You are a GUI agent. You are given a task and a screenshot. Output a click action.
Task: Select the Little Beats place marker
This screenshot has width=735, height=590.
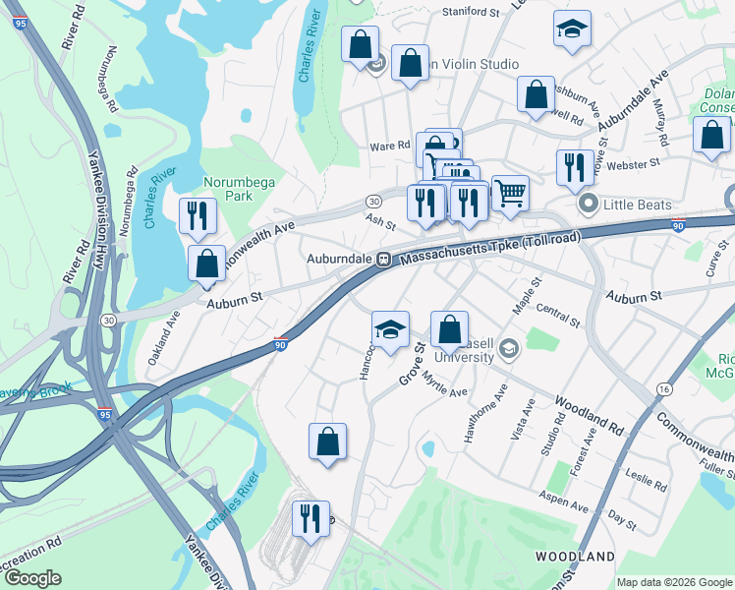click(590, 206)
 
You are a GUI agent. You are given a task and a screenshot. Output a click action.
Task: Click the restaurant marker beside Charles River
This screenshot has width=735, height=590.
click(198, 215)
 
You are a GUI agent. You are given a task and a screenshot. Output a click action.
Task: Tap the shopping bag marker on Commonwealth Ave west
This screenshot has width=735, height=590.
click(206, 264)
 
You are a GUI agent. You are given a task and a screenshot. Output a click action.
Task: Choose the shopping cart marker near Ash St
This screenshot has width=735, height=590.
click(509, 193)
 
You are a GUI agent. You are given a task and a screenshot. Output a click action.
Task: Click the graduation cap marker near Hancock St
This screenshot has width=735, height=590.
click(391, 329)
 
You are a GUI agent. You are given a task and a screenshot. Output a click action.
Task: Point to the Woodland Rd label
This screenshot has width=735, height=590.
click(590, 416)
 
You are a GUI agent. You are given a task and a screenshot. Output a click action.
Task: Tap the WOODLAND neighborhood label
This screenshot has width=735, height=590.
click(575, 557)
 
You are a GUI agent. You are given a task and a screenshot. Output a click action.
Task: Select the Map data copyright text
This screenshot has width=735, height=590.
click(673, 582)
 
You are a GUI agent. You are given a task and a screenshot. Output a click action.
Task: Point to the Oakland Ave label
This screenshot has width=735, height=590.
click(164, 338)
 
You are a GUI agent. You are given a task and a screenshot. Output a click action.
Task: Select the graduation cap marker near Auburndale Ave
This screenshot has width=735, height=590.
click(571, 29)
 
